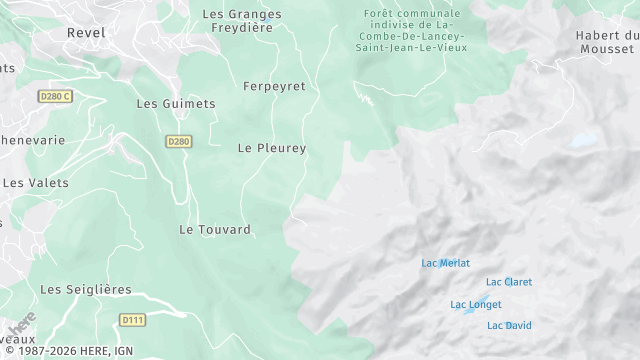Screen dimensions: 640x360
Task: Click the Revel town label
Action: [85, 33]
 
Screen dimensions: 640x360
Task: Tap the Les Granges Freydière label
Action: [241, 21]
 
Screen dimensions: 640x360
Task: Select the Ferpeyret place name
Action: [274, 87]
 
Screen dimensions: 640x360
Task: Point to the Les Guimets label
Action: [175, 104]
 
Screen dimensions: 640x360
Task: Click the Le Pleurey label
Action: [271, 148]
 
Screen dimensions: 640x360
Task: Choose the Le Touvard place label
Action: [214, 230]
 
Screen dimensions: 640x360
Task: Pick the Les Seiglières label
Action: [85, 290]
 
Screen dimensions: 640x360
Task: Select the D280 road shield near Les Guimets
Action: [178, 142]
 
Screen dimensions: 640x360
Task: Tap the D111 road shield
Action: [131, 320]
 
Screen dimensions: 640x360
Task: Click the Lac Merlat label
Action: [445, 264]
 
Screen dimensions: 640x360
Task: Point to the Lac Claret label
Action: [509, 282]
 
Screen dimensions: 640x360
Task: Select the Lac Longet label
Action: [476, 305]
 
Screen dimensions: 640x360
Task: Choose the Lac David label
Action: [509, 326]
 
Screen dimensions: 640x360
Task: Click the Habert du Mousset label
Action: [606, 42]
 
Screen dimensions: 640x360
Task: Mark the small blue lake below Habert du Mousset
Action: [584, 141]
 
